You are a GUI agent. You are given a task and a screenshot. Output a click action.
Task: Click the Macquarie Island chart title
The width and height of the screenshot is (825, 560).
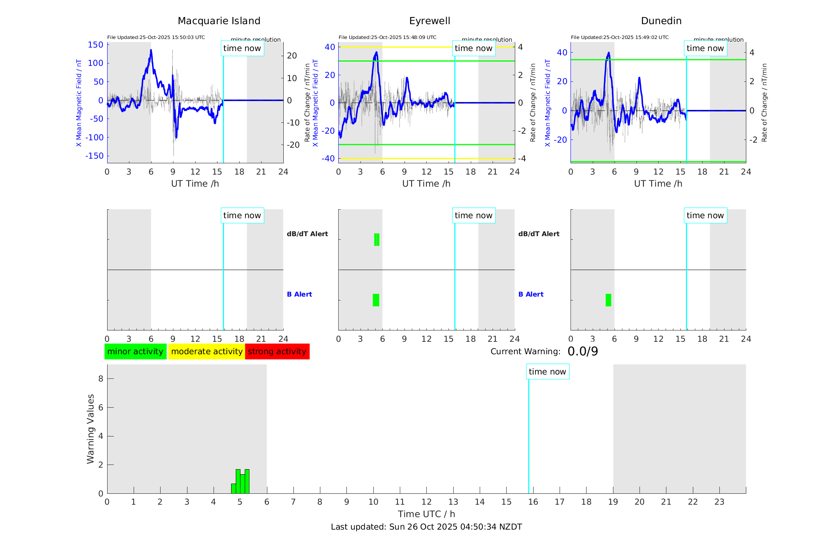click(x=219, y=21)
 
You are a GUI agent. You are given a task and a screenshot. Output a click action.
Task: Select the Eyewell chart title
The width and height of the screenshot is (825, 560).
click(x=429, y=21)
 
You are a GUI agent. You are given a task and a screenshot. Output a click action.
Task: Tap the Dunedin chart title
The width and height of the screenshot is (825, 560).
click(x=661, y=21)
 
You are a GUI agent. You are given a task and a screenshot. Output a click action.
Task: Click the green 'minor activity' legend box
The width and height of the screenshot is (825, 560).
click(x=135, y=352)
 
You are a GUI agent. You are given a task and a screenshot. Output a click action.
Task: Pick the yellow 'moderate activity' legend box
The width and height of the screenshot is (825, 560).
click(x=207, y=352)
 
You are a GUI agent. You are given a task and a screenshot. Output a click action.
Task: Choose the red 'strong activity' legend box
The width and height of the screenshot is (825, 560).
click(x=277, y=352)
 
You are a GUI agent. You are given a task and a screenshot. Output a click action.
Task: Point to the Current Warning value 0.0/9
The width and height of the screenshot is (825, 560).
click(x=583, y=352)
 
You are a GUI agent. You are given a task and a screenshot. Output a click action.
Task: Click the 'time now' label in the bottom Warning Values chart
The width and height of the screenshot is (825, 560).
click(x=547, y=372)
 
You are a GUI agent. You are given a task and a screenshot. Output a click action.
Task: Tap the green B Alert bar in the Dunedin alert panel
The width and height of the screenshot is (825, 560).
click(x=608, y=300)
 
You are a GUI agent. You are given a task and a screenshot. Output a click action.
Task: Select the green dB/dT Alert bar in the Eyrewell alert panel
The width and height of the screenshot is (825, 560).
click(x=376, y=240)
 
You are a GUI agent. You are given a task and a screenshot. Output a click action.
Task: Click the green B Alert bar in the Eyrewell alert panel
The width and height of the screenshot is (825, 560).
click(x=376, y=300)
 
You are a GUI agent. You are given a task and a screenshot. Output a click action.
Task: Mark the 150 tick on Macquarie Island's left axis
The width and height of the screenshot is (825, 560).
click(x=95, y=45)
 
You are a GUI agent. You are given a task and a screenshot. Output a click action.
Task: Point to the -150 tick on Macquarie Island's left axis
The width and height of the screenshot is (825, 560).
click(x=95, y=156)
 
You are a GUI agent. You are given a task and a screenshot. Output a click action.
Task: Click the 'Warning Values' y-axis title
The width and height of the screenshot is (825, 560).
click(x=90, y=429)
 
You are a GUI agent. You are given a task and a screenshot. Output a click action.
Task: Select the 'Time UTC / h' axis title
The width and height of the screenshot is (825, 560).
click(x=426, y=514)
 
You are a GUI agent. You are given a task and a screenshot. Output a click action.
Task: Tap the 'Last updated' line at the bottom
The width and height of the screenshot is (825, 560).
click(x=426, y=527)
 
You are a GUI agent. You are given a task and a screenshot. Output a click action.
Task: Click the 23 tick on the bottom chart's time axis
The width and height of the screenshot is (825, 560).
click(x=719, y=502)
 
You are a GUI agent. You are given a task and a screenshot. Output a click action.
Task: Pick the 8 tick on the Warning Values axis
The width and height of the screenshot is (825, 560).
click(x=101, y=379)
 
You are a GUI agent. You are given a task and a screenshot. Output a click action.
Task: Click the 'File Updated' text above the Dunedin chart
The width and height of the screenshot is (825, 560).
click(x=620, y=37)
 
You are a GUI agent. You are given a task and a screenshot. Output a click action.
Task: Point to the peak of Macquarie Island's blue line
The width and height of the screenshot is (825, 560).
click(x=151, y=50)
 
